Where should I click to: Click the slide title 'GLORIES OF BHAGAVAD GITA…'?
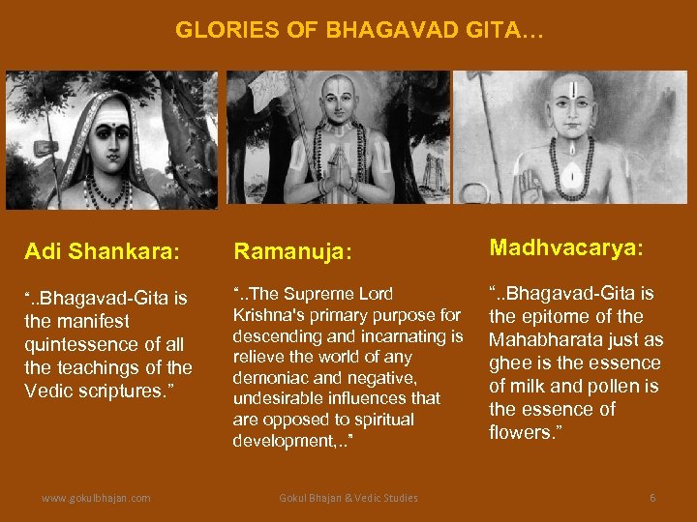359,31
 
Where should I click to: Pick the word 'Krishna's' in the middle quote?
271,315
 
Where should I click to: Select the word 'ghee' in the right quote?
508,362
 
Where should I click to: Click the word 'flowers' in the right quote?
520,432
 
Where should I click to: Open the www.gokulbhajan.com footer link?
96,498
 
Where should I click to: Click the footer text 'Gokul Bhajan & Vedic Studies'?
348,498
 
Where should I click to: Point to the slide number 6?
652,498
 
